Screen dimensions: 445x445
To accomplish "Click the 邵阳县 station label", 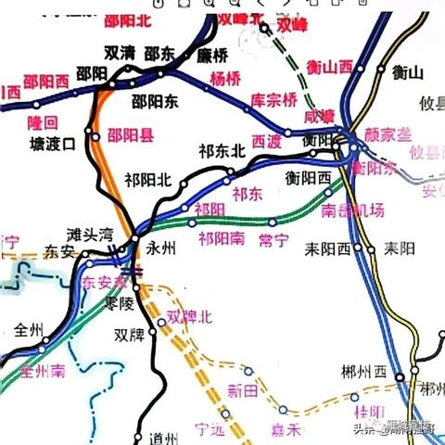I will [x=131, y=135].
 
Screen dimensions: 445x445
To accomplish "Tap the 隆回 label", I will [x=45, y=121].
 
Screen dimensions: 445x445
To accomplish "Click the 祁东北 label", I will [x=222, y=149].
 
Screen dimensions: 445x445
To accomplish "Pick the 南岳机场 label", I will [x=352, y=210].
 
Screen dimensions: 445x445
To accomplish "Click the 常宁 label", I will [x=274, y=240].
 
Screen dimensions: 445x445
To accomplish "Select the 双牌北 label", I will [x=189, y=317].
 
